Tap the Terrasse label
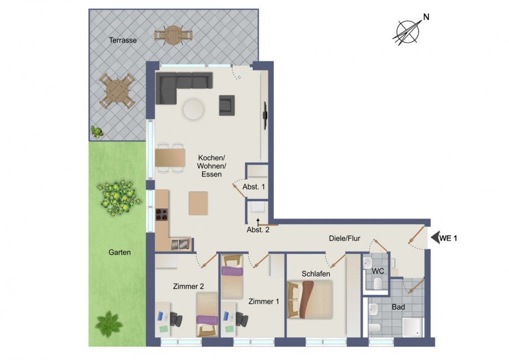123,40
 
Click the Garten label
120,252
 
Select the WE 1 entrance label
449,239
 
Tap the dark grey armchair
227,105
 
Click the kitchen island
198,203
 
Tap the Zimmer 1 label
263,301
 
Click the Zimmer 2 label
189,286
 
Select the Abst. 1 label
254,187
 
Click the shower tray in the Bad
411,326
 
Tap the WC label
378,271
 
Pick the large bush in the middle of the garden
117,195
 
